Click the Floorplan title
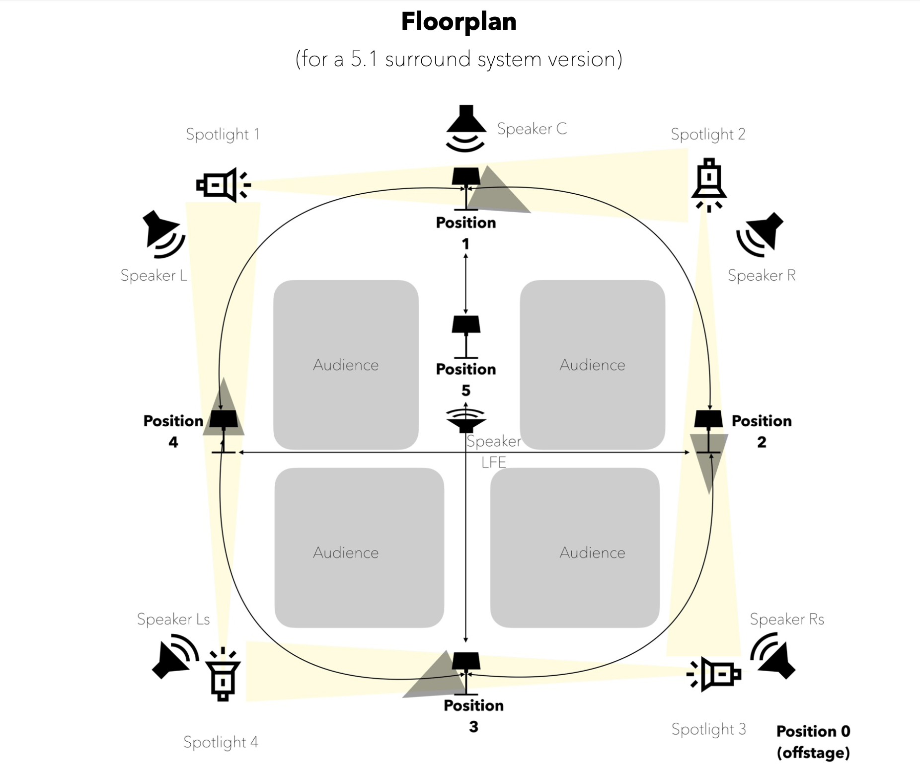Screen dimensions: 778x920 point(459,22)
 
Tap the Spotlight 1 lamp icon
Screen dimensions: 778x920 point(223,185)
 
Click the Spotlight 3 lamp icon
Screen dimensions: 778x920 point(714,674)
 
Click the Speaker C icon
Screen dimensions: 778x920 point(465,128)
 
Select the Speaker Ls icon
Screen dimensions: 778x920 point(174,655)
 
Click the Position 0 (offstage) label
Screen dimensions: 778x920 point(813,742)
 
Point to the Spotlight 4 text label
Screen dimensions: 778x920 point(221,742)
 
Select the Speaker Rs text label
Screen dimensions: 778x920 point(787,619)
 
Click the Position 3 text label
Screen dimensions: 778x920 point(473,715)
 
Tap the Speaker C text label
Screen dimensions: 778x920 point(532,129)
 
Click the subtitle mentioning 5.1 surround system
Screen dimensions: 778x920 point(459,59)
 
